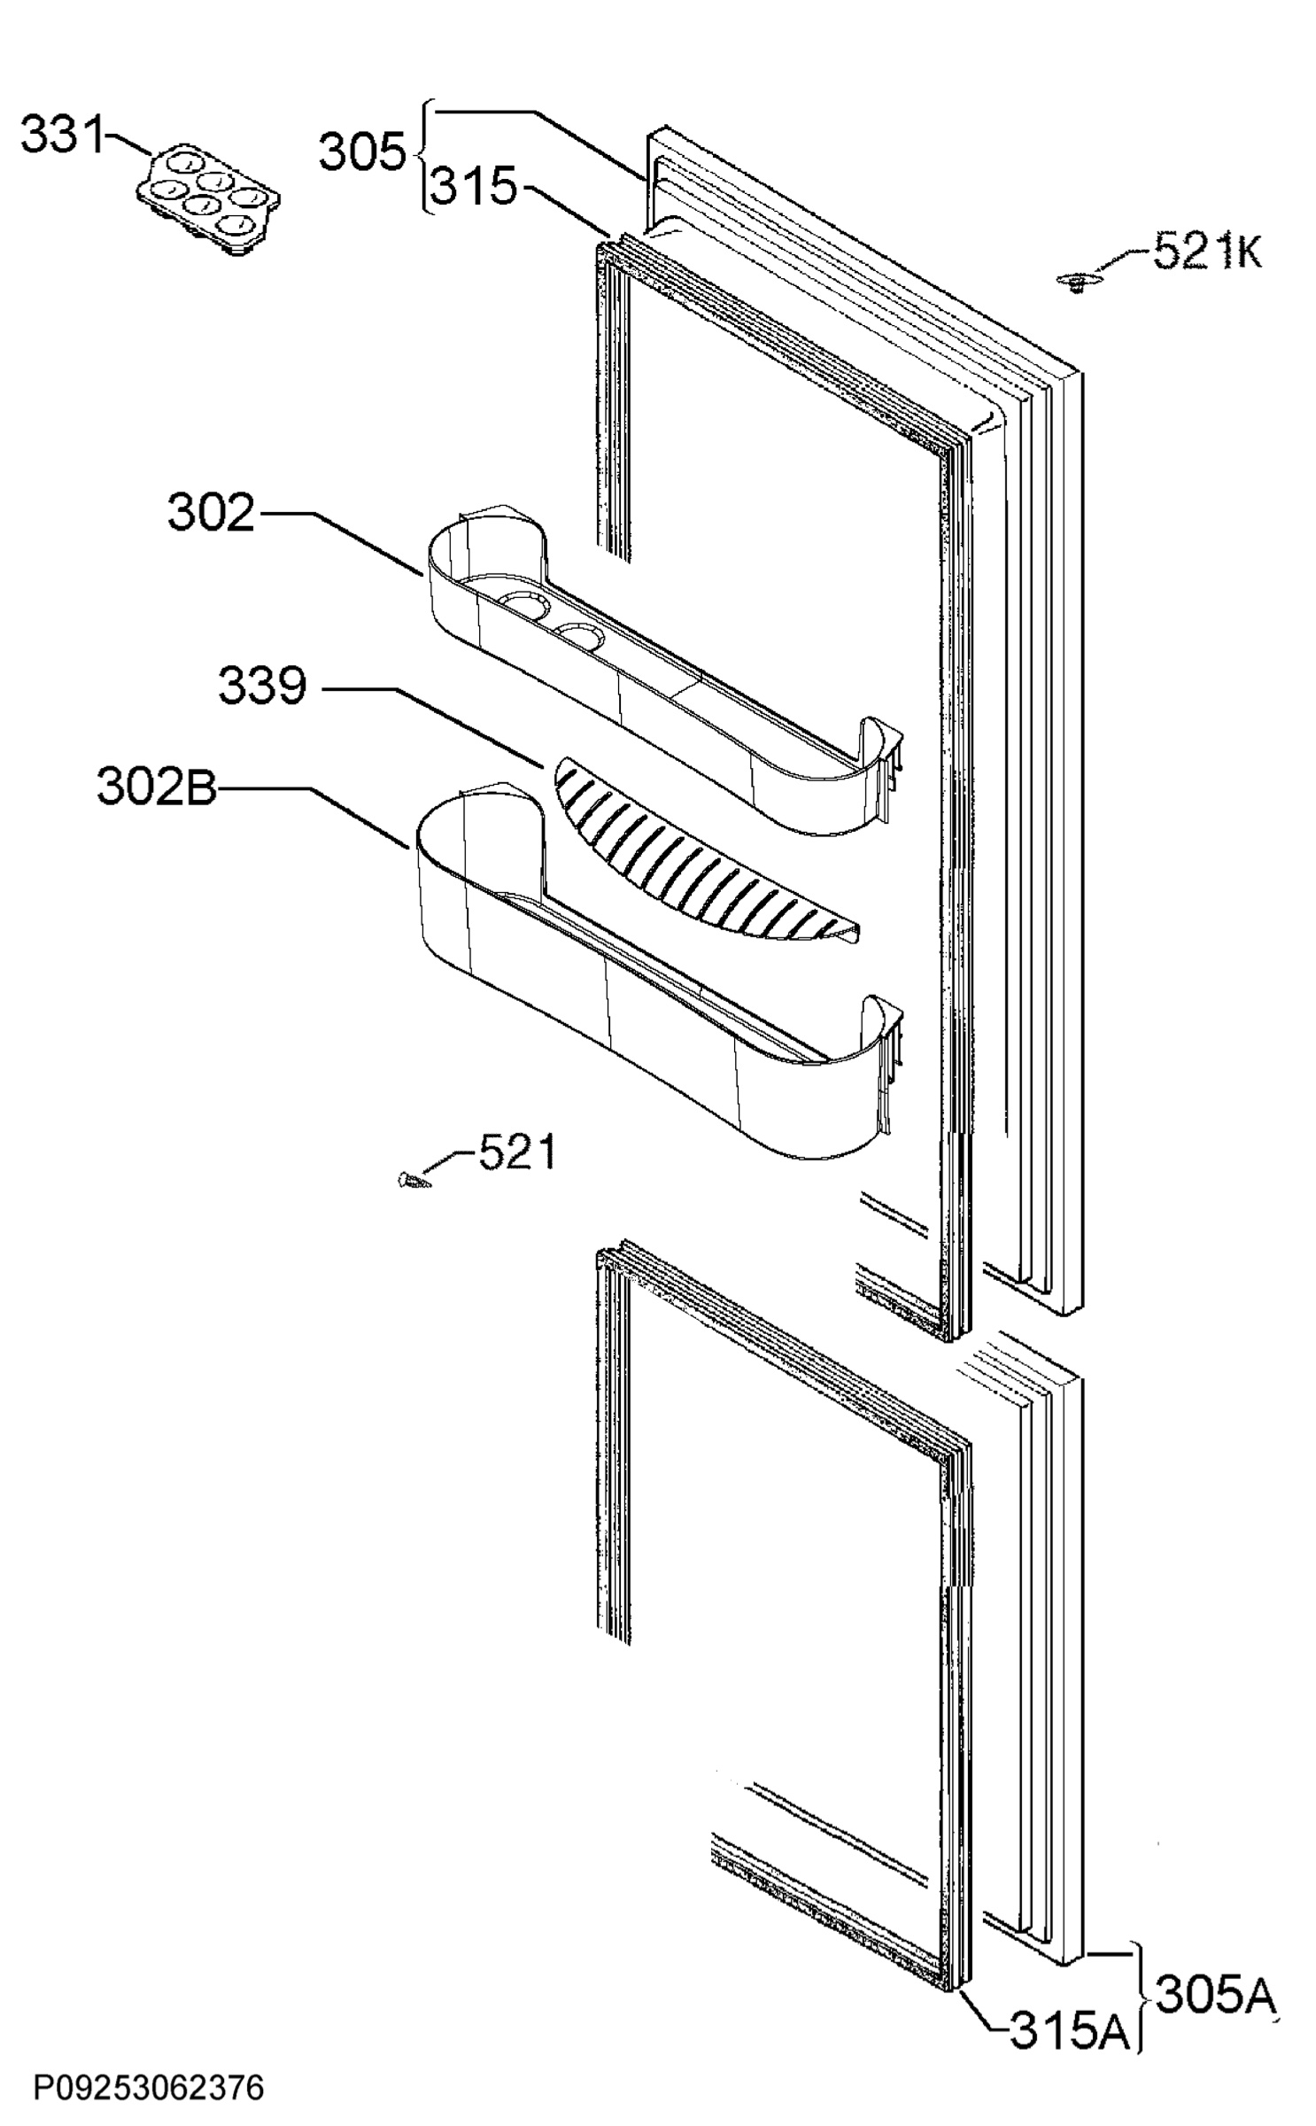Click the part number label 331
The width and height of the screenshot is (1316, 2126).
[x=63, y=136]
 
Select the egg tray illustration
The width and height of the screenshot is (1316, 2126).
[x=209, y=200]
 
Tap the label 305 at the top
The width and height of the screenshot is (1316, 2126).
[x=361, y=152]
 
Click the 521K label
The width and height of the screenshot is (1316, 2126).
[x=1207, y=252]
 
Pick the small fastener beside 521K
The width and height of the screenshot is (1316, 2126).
[x=1077, y=282]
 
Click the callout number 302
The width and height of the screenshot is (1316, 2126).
[x=211, y=514]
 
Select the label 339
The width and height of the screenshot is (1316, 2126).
[x=262, y=686]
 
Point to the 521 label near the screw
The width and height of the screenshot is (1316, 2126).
[x=518, y=1152]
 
